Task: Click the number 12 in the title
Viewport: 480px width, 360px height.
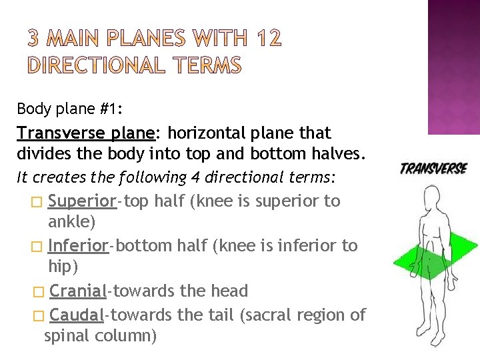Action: [269, 40]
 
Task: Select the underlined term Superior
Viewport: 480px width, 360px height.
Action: [83, 201]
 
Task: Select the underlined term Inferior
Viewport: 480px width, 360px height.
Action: [78, 245]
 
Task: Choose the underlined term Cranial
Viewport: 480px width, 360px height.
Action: [78, 291]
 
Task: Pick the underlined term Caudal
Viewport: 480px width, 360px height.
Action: [77, 315]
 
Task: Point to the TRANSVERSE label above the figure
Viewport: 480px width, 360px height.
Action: [433, 169]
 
